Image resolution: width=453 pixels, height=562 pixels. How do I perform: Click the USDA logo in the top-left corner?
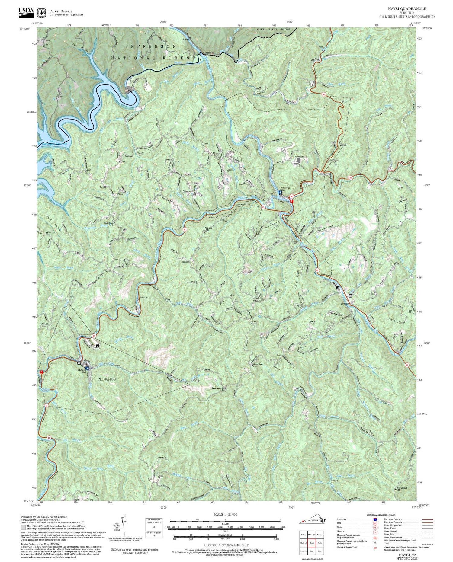click(x=26, y=11)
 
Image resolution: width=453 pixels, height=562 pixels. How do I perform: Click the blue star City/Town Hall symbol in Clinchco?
click(x=87, y=368)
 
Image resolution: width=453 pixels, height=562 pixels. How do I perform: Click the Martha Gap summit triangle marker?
click(x=253, y=365)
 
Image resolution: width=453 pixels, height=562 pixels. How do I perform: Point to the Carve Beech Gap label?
click(x=218, y=388)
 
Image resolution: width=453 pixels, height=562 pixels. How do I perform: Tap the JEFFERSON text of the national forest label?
click(x=151, y=46)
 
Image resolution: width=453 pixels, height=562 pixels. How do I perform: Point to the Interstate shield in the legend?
click(x=375, y=519)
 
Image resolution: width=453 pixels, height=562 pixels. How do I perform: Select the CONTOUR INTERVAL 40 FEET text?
click(x=226, y=545)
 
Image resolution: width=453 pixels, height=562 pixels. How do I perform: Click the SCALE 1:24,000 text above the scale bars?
click(x=225, y=514)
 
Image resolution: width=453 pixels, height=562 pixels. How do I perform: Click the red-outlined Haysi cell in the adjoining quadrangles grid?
click(x=312, y=542)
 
